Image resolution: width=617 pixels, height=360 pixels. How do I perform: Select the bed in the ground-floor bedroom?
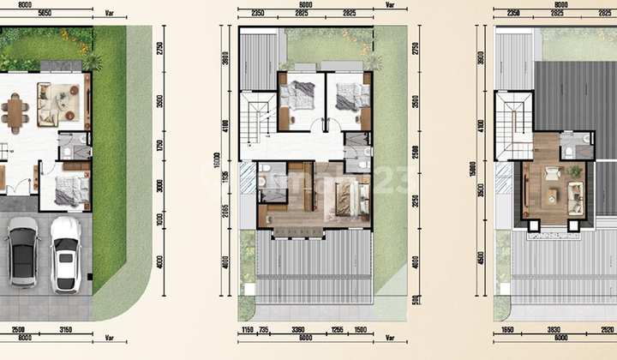[x=71, y=189]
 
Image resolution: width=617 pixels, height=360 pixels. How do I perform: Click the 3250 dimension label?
[x=416, y=203]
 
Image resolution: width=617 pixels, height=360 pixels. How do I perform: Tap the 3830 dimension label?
[x=559, y=328]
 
